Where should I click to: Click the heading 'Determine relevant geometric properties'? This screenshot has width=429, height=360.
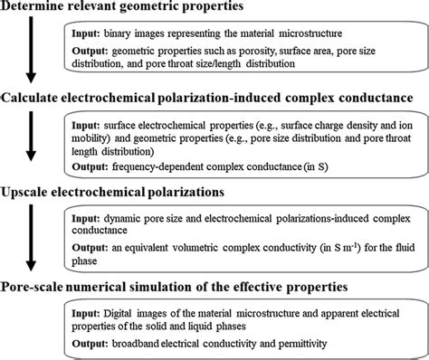[127, 9]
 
